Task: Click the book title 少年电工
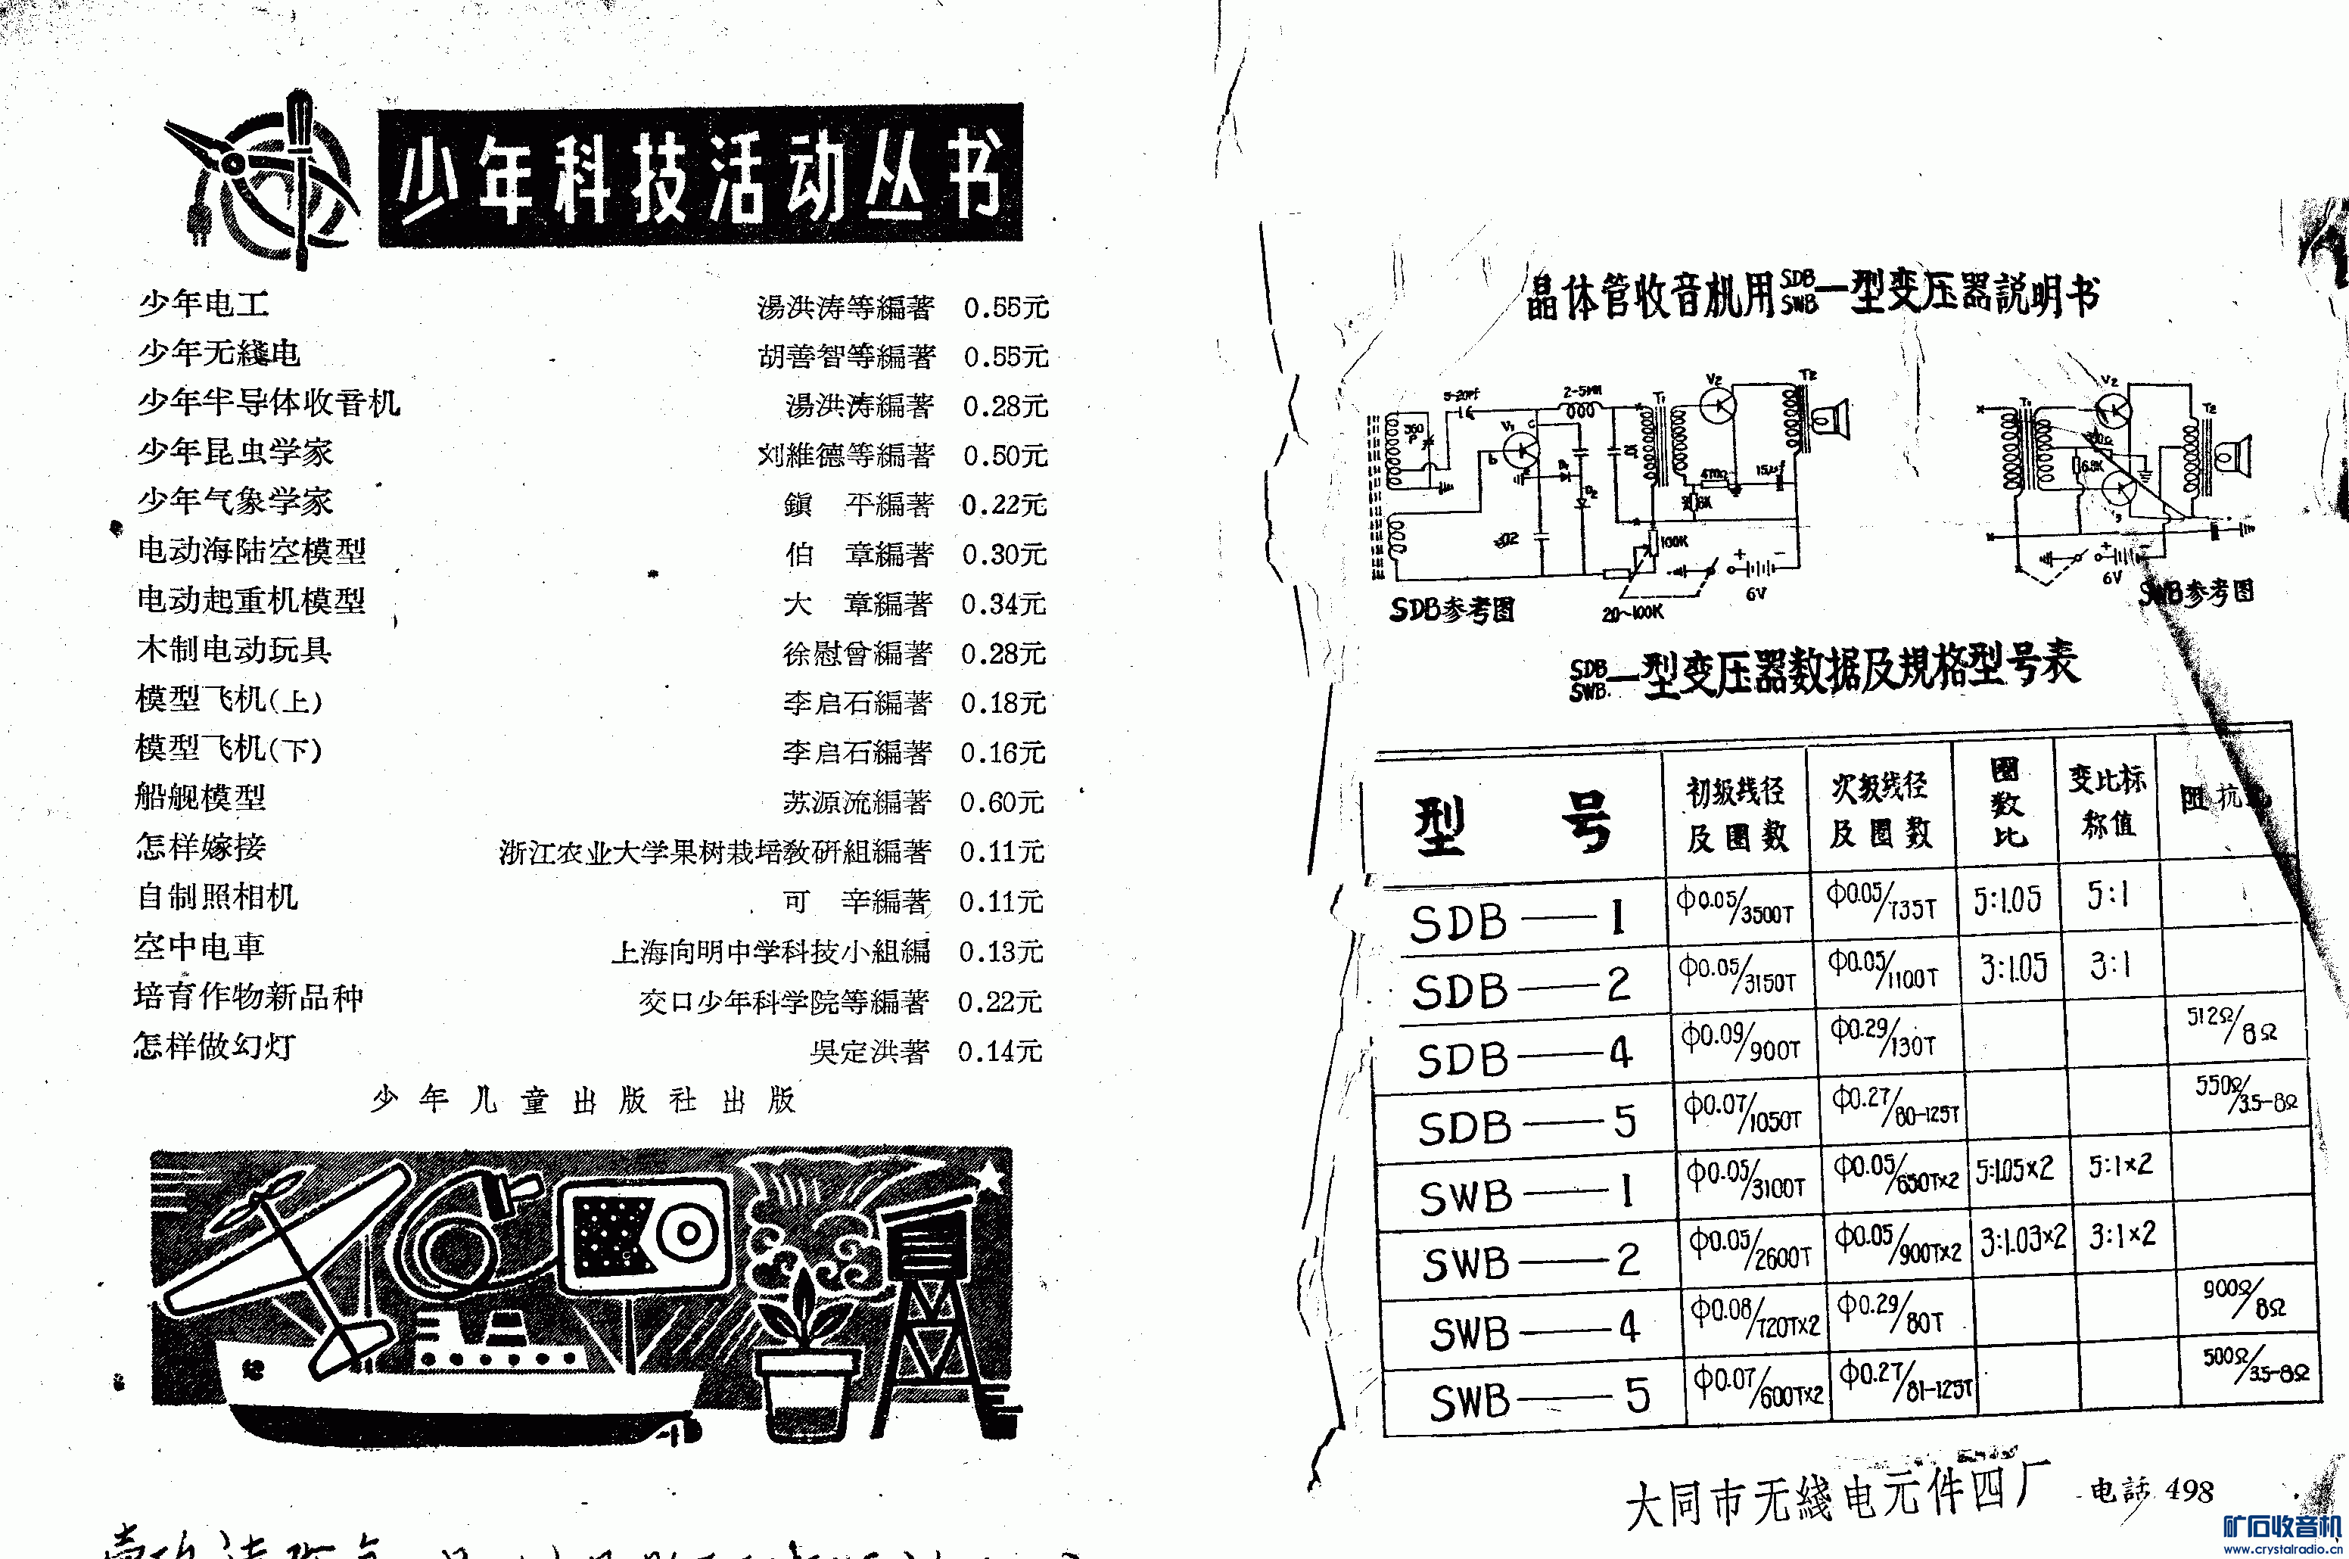[x=203, y=303]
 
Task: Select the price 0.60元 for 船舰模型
[x=1001, y=802]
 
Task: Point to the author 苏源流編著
[x=856, y=802]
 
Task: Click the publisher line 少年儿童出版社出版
[x=583, y=1100]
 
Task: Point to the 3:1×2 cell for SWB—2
[x=2121, y=1236]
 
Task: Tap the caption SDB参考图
[x=1451, y=608]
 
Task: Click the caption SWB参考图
[x=2197, y=593]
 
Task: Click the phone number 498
[x=2189, y=1490]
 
